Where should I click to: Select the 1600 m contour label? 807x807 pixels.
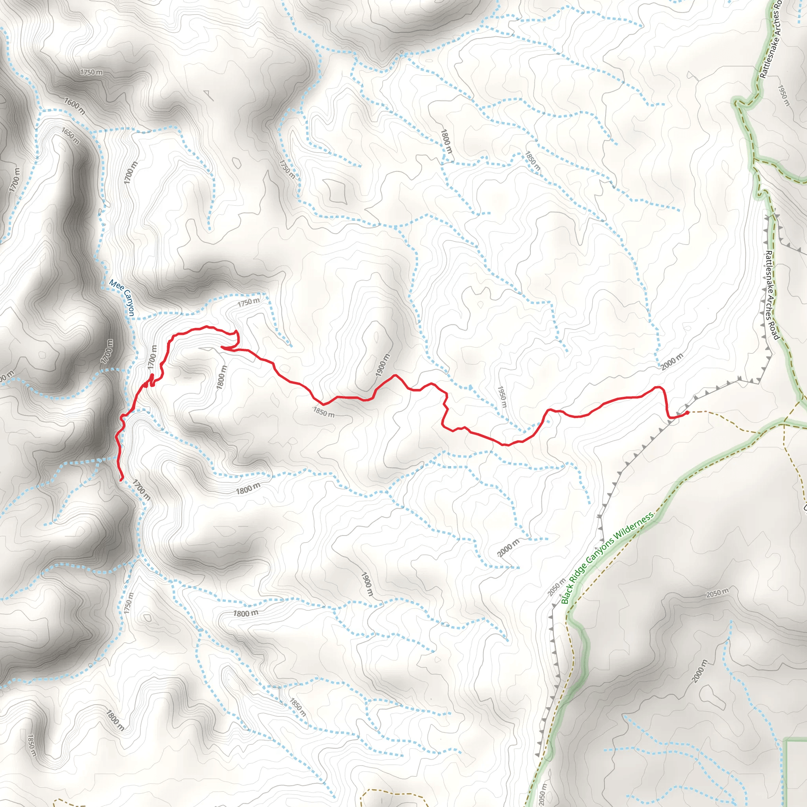74,106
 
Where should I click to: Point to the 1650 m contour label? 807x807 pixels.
70,136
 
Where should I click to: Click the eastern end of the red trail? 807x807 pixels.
687,413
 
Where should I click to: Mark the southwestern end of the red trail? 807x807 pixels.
121,480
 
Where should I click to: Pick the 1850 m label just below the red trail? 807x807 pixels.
324,412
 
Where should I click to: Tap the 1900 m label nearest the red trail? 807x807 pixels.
383,364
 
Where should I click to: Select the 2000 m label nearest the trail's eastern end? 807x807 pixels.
672,361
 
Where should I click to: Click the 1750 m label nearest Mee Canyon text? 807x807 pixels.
249,302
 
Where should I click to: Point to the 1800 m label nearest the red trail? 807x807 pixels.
222,377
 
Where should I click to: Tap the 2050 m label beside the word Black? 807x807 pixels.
556,586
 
